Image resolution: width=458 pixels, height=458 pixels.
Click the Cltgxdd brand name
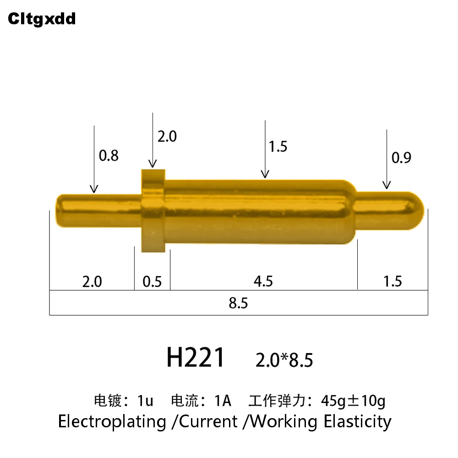[42, 19]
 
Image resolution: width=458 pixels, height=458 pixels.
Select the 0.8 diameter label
[109, 156]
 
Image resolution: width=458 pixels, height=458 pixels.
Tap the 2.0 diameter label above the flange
[167, 136]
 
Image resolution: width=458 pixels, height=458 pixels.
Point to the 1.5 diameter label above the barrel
[278, 147]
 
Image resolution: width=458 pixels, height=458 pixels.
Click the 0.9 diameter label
[401, 158]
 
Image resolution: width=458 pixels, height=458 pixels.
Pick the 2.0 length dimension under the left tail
[92, 281]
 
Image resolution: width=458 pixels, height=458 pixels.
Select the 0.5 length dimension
[152, 281]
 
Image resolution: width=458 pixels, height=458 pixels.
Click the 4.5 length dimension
[263, 281]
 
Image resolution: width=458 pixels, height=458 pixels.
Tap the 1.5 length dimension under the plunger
[393, 281]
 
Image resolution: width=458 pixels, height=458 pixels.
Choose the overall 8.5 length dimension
[238, 303]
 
